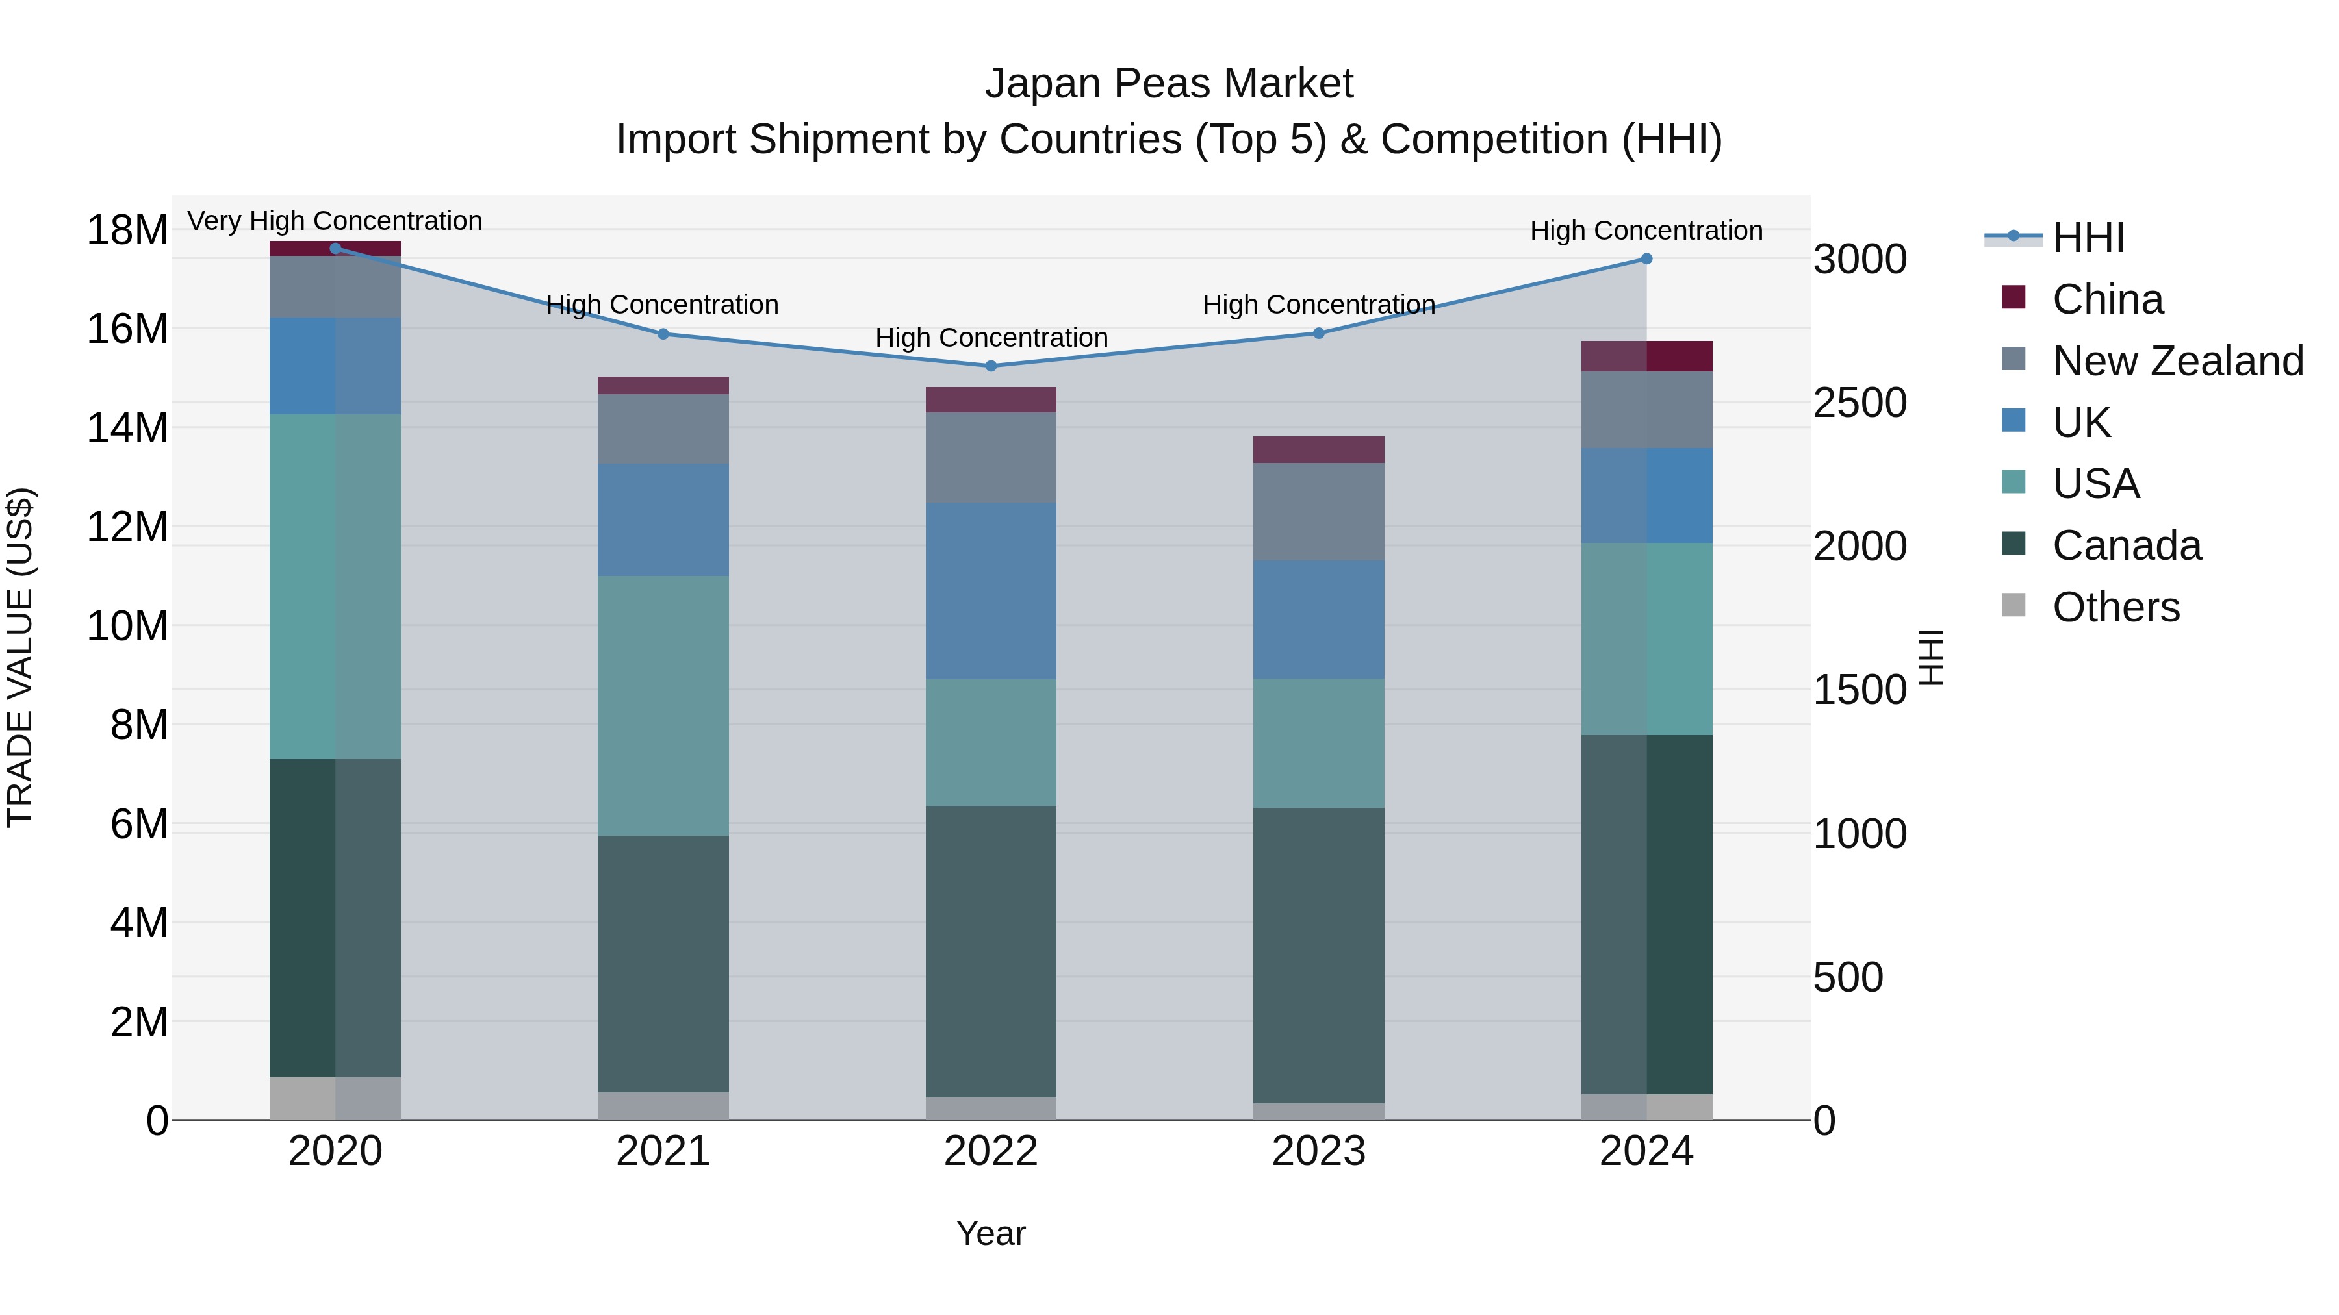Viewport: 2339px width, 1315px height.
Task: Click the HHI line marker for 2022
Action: click(991, 366)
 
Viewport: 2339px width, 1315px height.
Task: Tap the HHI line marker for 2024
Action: click(1646, 258)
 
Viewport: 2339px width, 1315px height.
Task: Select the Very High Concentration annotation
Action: click(335, 221)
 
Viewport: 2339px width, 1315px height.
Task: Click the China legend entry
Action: click(2106, 299)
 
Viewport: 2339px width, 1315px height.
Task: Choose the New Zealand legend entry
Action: click(2177, 361)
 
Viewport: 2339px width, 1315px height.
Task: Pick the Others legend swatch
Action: click(2013, 605)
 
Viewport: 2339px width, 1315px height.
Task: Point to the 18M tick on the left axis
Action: click(127, 230)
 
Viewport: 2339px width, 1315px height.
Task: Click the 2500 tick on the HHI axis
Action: click(1860, 403)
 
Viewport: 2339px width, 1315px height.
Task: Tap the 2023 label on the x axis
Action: click(1318, 1151)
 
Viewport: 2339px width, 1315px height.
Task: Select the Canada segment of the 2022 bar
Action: click(991, 951)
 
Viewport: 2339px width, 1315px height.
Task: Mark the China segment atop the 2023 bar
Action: click(1318, 449)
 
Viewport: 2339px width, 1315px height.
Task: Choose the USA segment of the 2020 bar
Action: click(335, 586)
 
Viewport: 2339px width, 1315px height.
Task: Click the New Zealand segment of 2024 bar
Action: click(1646, 409)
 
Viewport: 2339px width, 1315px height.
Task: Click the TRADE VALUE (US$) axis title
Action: click(20, 657)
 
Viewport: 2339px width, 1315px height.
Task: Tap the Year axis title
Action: click(991, 1233)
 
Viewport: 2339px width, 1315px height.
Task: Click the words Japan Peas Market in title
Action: click(1169, 84)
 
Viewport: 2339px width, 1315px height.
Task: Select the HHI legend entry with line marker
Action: click(2054, 238)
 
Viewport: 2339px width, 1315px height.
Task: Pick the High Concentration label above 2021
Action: click(662, 304)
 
